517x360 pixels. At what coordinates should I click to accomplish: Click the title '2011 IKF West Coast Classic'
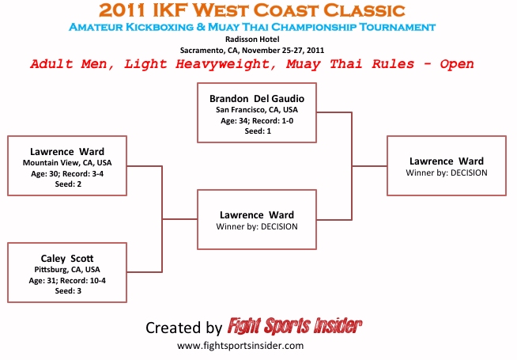pyautogui.click(x=258, y=11)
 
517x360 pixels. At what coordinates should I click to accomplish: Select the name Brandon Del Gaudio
pyautogui.click(x=257, y=98)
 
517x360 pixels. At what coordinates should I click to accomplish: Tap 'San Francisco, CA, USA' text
pyautogui.click(x=257, y=109)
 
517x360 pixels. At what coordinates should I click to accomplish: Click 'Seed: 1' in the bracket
pyautogui.click(x=257, y=131)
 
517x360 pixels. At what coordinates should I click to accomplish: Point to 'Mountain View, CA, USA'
pyautogui.click(x=67, y=163)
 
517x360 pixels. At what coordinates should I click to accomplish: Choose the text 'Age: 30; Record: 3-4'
pyautogui.click(x=67, y=173)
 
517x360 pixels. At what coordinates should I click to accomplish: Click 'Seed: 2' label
pyautogui.click(x=67, y=184)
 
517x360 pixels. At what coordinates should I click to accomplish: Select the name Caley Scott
pyautogui.click(x=67, y=258)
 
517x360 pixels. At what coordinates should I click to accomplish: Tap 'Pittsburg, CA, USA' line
pyautogui.click(x=67, y=269)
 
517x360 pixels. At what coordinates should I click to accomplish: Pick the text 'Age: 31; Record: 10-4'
pyautogui.click(x=67, y=279)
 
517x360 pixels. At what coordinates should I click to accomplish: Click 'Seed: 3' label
pyautogui.click(x=67, y=290)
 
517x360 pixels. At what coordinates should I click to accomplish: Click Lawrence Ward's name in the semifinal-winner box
pyautogui.click(x=257, y=214)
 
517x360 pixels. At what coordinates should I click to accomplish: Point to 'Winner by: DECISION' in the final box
pyautogui.click(x=447, y=172)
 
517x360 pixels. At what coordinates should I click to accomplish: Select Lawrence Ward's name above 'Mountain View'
pyautogui.click(x=67, y=151)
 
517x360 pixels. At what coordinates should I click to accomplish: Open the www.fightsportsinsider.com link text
pyautogui.click(x=240, y=346)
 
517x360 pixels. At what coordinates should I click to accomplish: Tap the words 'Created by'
pyautogui.click(x=183, y=328)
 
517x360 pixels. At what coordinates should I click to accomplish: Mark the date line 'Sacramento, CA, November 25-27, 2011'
pyautogui.click(x=258, y=49)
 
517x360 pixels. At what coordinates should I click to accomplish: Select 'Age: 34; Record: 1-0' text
pyautogui.click(x=257, y=120)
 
